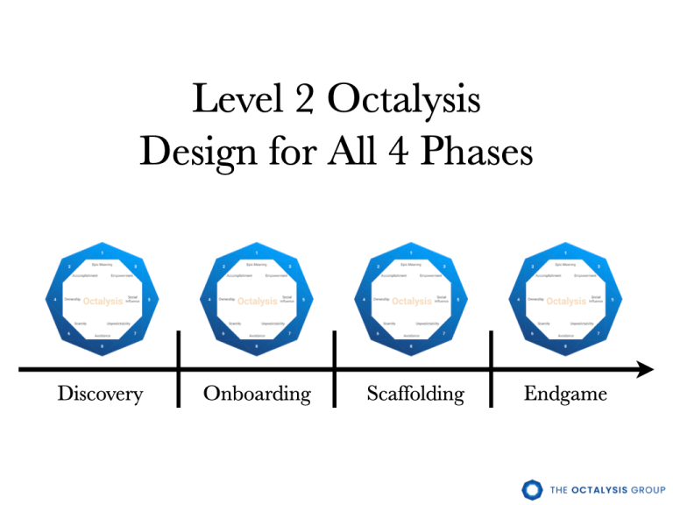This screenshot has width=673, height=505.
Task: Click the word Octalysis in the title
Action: click(x=404, y=102)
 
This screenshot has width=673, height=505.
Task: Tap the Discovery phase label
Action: click(x=100, y=394)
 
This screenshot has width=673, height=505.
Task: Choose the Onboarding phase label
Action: click(x=257, y=394)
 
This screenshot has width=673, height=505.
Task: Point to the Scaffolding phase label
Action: click(x=416, y=394)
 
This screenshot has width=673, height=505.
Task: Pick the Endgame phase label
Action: click(x=565, y=394)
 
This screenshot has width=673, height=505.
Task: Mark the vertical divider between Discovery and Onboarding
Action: click(x=179, y=369)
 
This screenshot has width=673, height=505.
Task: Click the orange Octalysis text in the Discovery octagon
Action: click(x=103, y=302)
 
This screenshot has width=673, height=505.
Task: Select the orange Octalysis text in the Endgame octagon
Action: click(x=566, y=302)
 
